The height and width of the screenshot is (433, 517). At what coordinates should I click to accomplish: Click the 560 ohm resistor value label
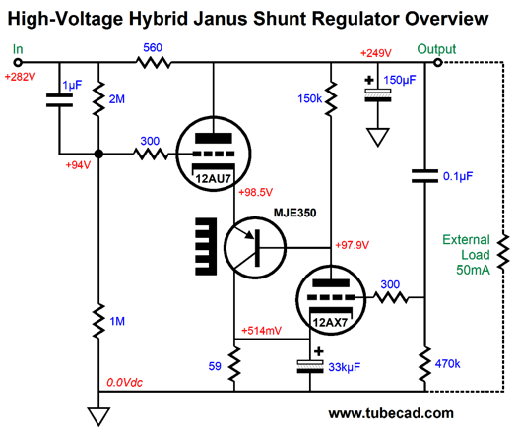coord(153,48)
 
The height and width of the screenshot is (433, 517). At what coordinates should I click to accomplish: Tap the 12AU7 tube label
coord(213,178)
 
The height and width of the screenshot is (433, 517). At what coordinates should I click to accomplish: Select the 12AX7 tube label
coord(330,322)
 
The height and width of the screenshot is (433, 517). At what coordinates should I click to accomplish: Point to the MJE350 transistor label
coord(294,213)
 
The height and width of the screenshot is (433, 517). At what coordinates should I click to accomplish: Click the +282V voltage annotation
coord(20,77)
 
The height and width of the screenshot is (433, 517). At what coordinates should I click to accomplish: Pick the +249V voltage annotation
coord(376,53)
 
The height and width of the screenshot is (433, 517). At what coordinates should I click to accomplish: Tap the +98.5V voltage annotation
coord(256,192)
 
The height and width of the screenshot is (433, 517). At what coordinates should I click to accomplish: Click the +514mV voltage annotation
coord(262,331)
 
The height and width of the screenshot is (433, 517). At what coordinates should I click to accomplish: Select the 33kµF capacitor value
coord(345,367)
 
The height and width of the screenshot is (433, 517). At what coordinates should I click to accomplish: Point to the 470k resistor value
coord(447,364)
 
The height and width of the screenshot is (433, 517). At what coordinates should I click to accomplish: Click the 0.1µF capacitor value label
coord(458,176)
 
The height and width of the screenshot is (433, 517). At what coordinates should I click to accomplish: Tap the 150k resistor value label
coord(309,98)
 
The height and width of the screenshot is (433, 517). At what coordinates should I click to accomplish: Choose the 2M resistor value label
coord(117,98)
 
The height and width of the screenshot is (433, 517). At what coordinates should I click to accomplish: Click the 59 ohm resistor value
coord(215,366)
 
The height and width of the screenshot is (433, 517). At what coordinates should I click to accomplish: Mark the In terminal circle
coord(18,62)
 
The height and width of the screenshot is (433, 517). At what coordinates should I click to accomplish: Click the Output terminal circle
coord(437,62)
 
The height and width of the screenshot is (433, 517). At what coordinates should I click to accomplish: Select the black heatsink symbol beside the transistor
coord(206,246)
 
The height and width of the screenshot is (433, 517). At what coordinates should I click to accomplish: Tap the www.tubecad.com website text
coord(391,413)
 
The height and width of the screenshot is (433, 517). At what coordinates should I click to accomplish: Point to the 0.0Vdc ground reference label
coord(125,382)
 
